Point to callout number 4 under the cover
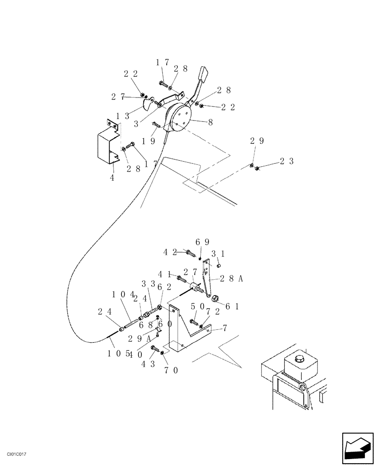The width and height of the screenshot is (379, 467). [112, 178]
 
